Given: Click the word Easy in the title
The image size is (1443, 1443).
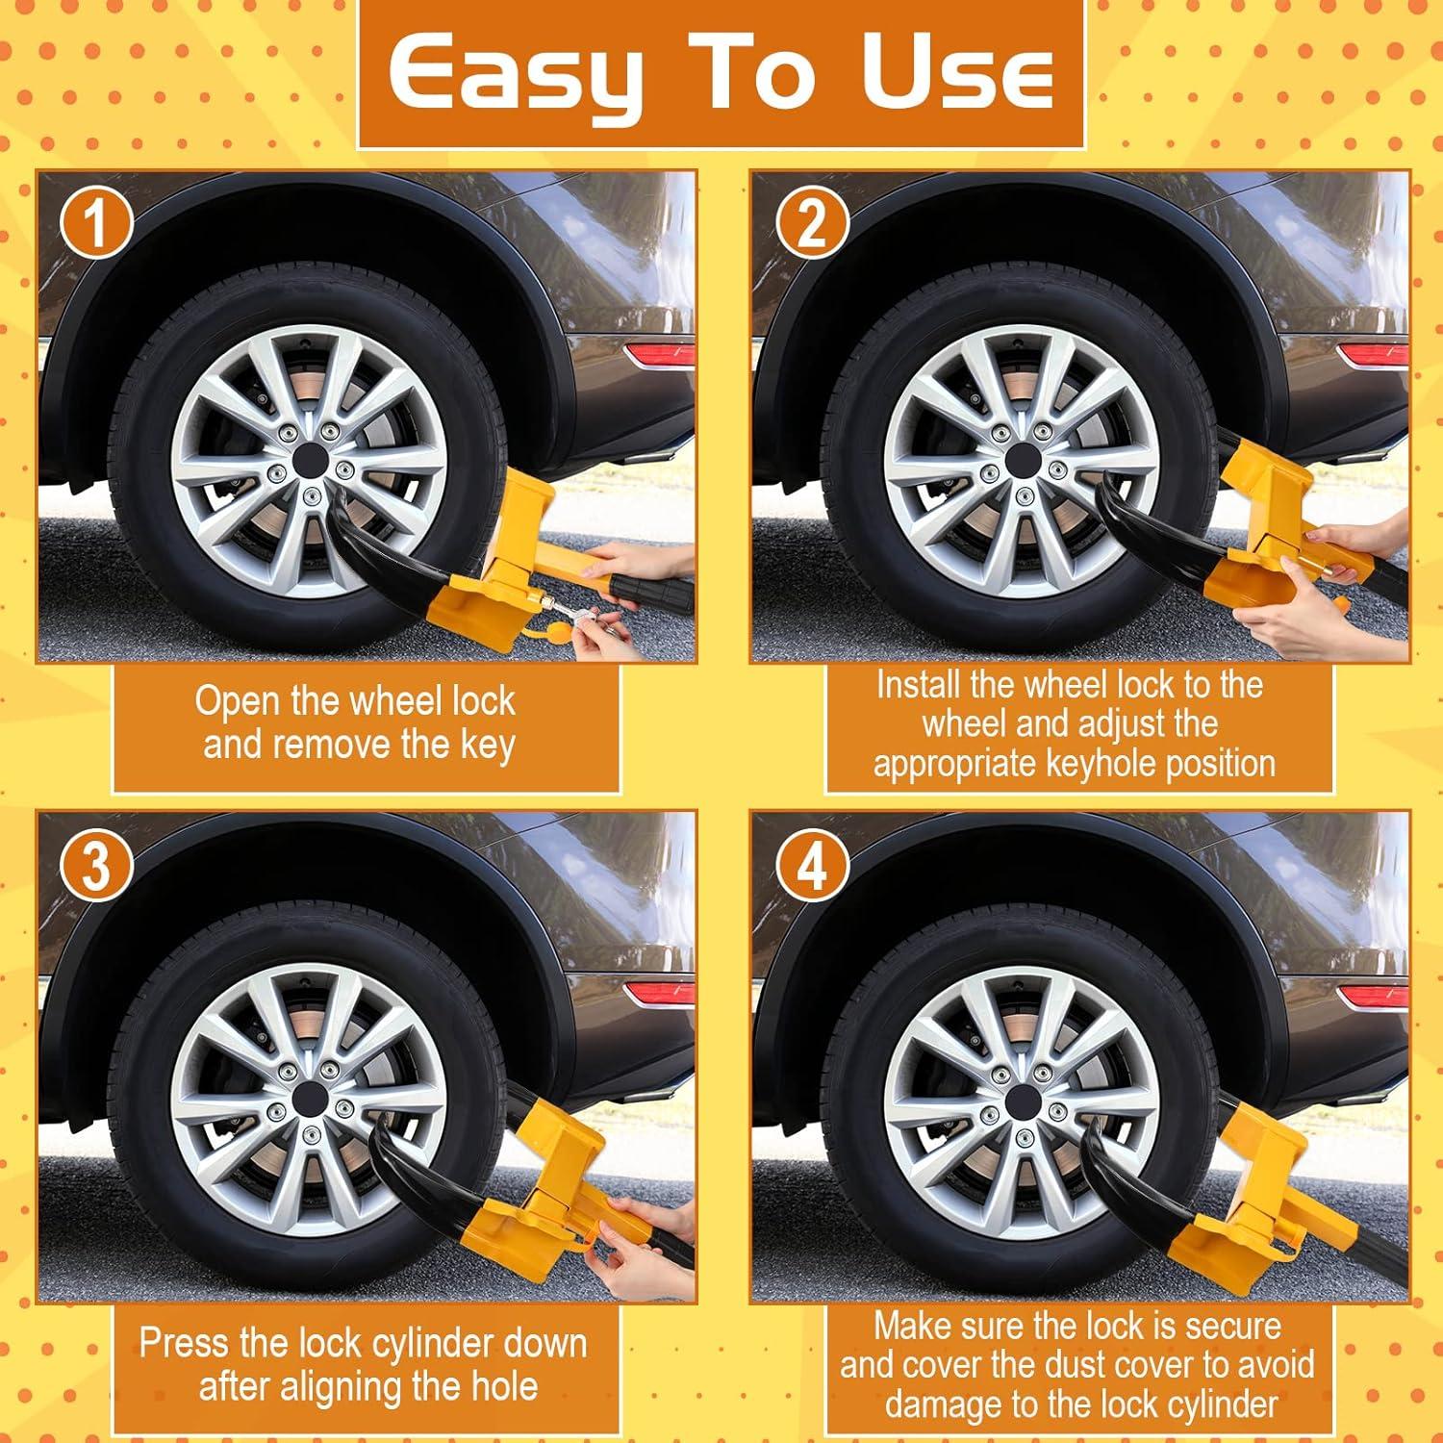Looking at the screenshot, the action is click(516, 73).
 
